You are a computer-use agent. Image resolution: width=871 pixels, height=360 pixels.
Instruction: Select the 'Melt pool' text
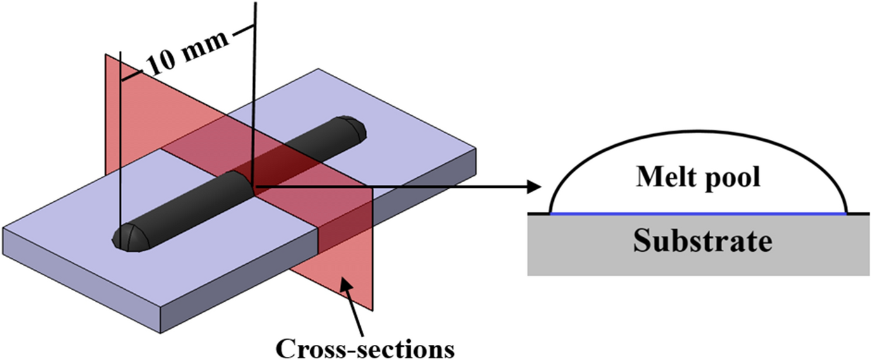click(698, 179)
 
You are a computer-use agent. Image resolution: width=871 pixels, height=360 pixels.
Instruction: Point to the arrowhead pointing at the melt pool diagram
click(536, 186)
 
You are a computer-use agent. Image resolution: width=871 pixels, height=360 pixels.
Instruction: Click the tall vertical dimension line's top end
click(255, 4)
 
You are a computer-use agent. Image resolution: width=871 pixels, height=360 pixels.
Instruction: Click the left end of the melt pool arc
click(550, 212)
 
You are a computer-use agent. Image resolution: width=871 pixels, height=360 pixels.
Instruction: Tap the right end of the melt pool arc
click(846, 212)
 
